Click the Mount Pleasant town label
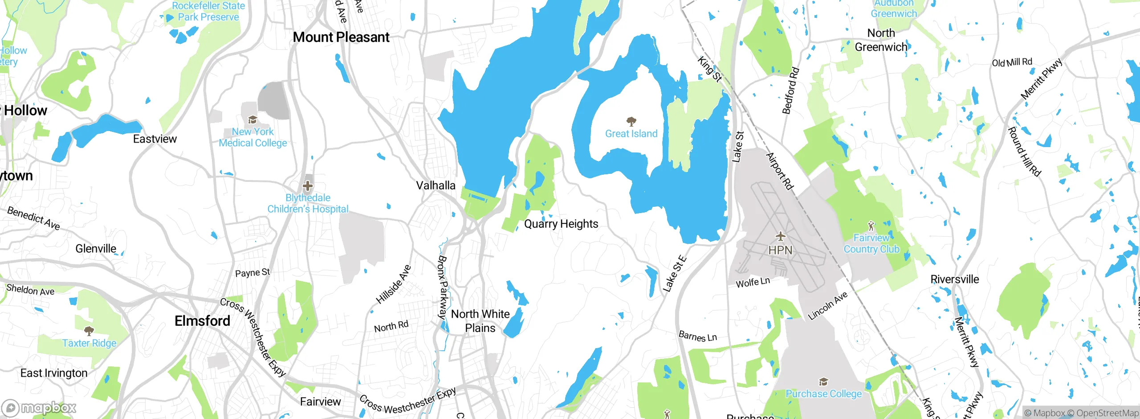(x=341, y=37)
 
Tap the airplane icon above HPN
(x=780, y=236)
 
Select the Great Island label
(x=631, y=133)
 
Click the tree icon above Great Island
(x=631, y=121)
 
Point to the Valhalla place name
(x=436, y=185)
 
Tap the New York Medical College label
(x=253, y=137)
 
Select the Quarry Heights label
(x=561, y=224)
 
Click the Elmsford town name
(x=202, y=320)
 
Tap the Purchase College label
(x=823, y=394)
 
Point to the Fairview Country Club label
(x=871, y=243)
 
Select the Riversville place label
(x=955, y=279)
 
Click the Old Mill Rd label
(x=1012, y=62)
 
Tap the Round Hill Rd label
(x=1025, y=152)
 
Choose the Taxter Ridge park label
(x=89, y=343)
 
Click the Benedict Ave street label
(x=33, y=218)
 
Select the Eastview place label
(x=155, y=139)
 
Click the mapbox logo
(x=39, y=408)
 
